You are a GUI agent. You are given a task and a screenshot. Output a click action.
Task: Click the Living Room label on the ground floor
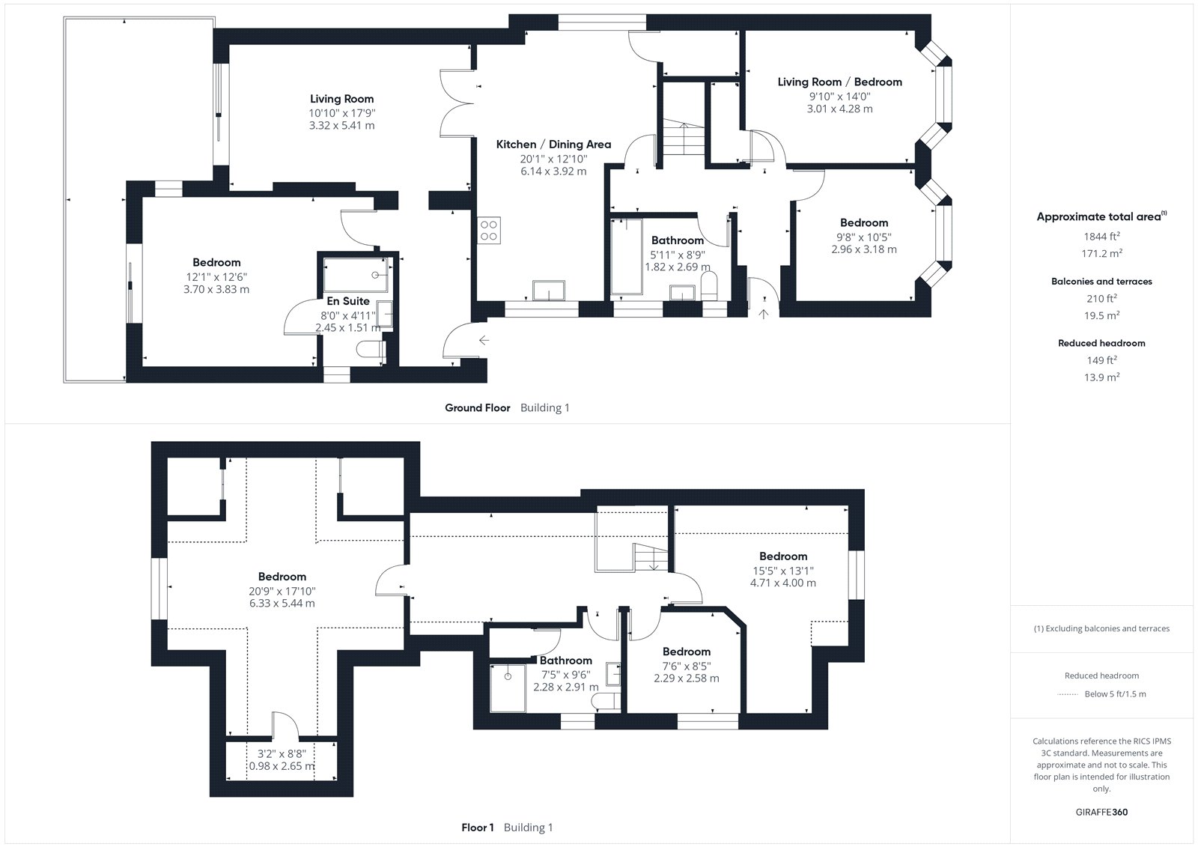point(341,99)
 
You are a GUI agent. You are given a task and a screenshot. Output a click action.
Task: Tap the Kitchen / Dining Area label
point(553,145)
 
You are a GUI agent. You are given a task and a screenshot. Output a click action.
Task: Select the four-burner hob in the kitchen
point(489,230)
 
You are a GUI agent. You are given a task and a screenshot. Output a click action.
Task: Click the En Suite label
point(348,301)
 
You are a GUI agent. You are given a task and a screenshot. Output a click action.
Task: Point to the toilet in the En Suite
point(371,350)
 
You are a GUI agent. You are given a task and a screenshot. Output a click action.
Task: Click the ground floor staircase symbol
point(684,139)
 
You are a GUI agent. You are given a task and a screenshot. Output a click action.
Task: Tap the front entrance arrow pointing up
point(763,314)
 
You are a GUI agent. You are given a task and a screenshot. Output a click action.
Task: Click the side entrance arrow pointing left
point(484,340)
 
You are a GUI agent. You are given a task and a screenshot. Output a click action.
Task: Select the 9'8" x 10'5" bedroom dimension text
point(864,237)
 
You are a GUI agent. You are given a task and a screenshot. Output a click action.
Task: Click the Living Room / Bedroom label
point(839,82)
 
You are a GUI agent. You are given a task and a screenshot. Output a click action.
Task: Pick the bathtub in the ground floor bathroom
point(627,256)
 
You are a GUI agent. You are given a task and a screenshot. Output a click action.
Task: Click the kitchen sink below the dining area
point(549,291)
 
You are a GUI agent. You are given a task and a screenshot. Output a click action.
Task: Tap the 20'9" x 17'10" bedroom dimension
point(282,591)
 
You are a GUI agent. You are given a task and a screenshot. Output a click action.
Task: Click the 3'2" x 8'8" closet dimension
point(282,754)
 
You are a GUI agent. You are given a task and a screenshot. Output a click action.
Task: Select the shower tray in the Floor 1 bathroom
point(508,688)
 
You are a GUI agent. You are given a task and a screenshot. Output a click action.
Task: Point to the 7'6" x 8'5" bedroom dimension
point(686,667)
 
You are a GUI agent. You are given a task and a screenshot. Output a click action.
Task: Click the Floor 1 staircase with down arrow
point(651,557)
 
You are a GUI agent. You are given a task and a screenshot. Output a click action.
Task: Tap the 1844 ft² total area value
point(1101,236)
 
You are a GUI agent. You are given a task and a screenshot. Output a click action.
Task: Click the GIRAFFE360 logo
point(1101,812)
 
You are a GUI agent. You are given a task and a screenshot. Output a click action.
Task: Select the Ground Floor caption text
point(478,407)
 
